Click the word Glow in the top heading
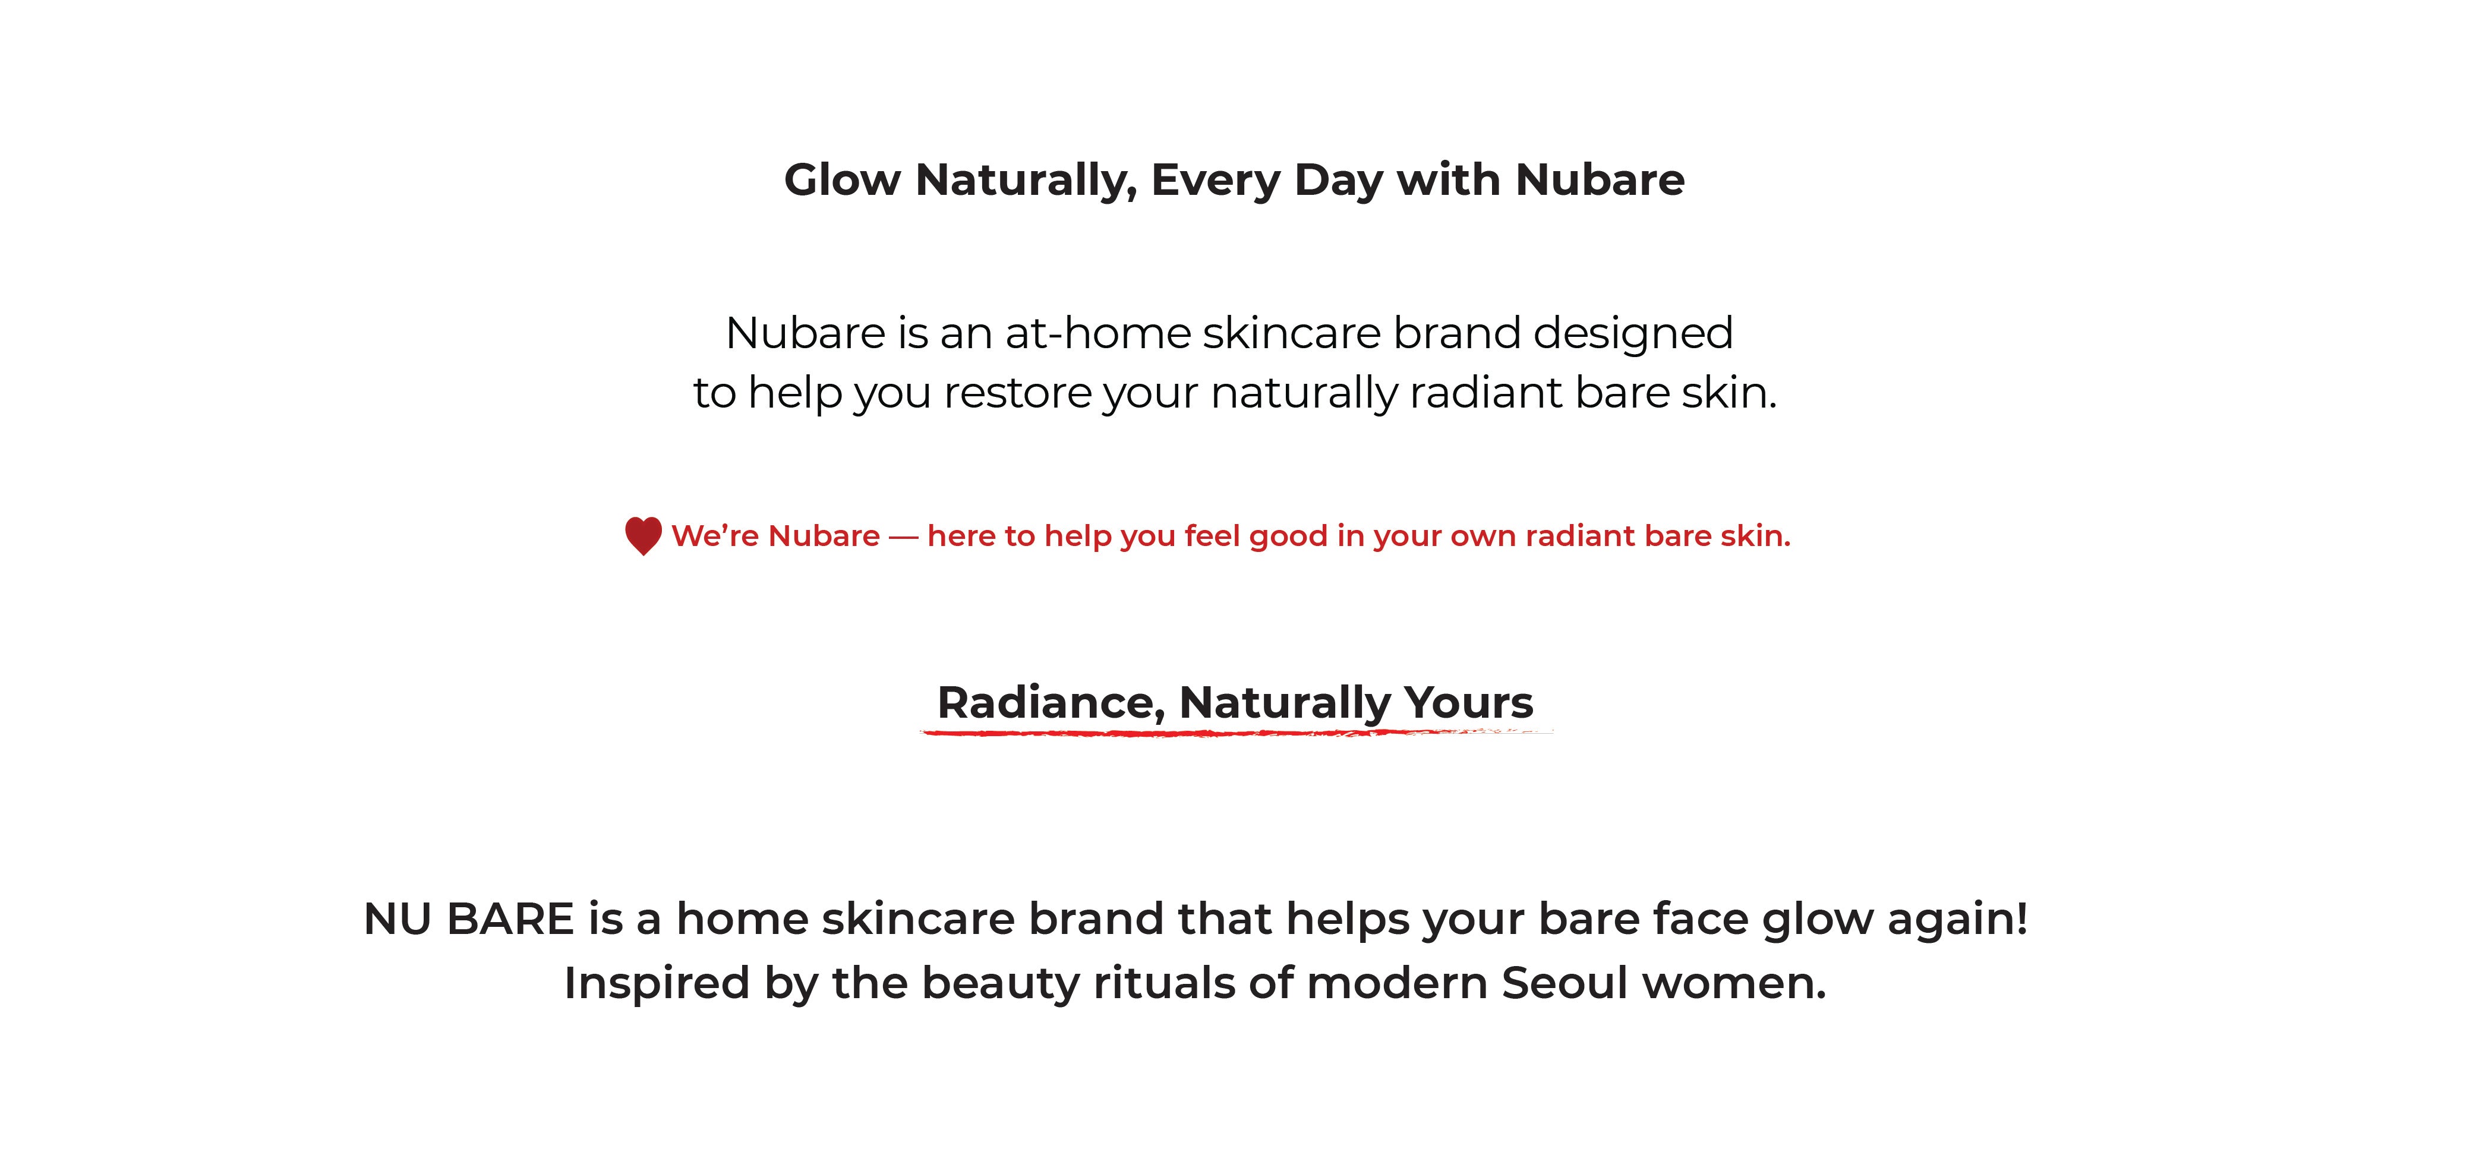[x=843, y=179]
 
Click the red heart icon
[x=643, y=536]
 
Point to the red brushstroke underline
[x=1236, y=733]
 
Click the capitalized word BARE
[x=510, y=919]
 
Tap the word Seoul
[x=1565, y=984]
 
